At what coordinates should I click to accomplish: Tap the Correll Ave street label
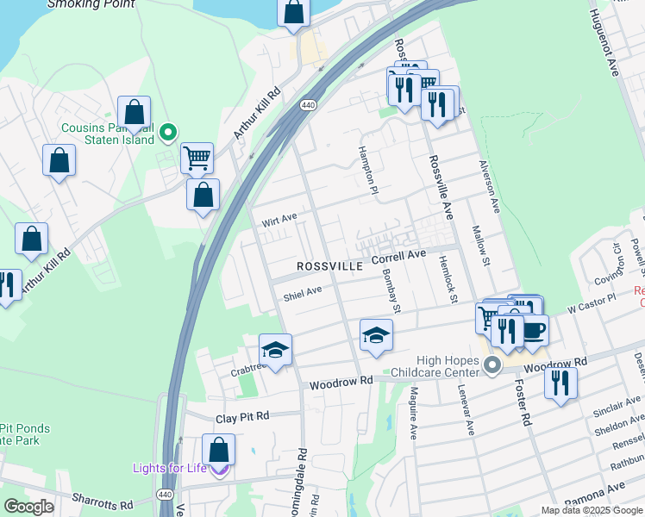coord(399,257)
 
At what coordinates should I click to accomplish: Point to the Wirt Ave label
coord(279,221)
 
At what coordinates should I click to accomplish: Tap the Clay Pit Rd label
coord(242,415)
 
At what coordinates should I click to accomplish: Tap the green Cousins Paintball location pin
coord(168,132)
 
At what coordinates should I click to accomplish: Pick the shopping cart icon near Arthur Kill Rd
coord(197,158)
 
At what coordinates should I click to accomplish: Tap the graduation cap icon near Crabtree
coord(275,350)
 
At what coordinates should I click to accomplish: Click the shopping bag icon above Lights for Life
coord(219,449)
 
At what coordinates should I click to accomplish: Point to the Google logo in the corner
coord(29,507)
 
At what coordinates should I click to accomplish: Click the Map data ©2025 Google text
coord(592,510)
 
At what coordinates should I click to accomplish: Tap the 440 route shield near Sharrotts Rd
coord(164,495)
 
